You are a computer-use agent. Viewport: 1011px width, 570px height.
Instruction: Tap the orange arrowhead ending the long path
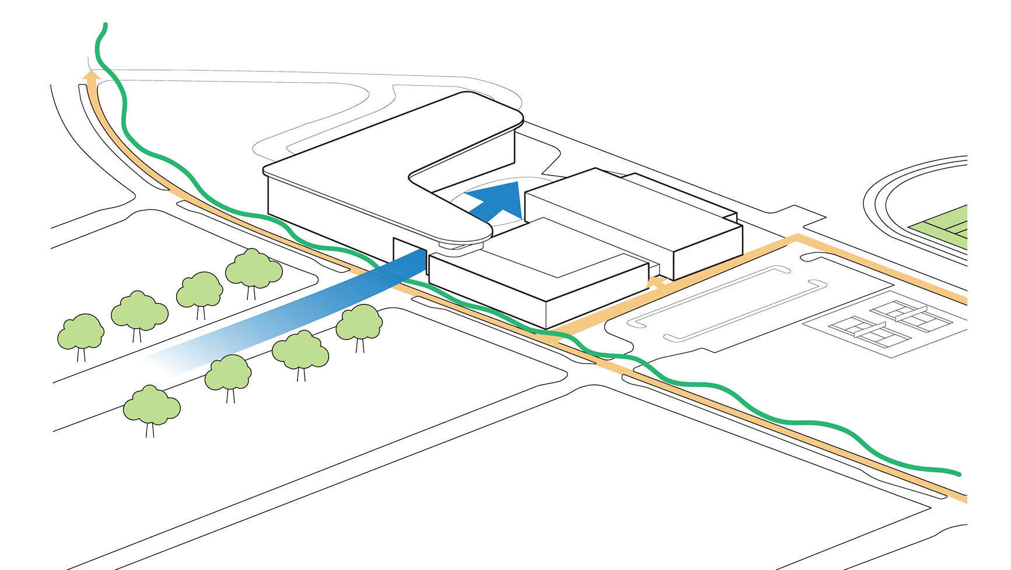click(90, 76)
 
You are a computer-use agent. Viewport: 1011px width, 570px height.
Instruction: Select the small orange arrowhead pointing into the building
click(657, 282)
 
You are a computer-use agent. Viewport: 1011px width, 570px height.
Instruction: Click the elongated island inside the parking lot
click(729, 303)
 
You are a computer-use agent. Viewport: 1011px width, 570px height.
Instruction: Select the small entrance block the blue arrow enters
click(408, 253)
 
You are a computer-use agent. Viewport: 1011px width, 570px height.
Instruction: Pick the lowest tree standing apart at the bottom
click(152, 406)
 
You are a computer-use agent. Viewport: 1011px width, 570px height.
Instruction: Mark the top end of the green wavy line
click(106, 25)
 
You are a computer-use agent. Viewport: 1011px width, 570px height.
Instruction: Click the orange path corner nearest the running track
click(797, 237)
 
